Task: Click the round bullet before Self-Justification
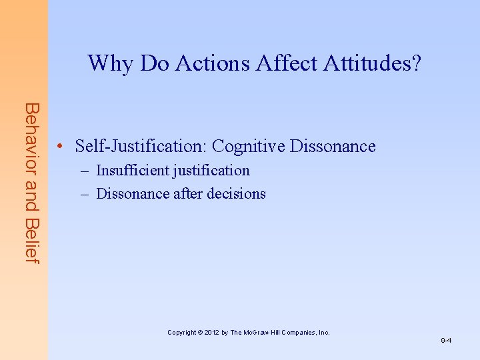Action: point(60,147)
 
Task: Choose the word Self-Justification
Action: point(141,146)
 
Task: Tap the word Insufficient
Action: point(133,171)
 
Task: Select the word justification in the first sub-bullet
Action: point(211,171)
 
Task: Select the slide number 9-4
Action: point(446,341)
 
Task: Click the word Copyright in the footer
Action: point(181,332)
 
